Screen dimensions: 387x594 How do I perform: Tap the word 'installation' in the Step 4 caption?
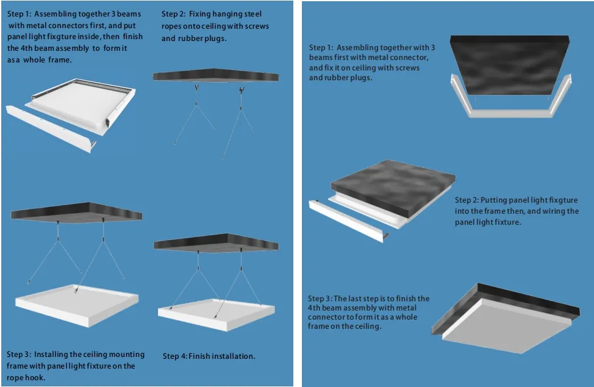pos(233,356)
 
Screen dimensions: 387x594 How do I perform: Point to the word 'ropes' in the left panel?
pos(172,26)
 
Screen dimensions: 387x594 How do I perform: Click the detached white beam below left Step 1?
pos(51,127)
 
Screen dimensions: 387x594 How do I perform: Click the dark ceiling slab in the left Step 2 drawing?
pos(216,75)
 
